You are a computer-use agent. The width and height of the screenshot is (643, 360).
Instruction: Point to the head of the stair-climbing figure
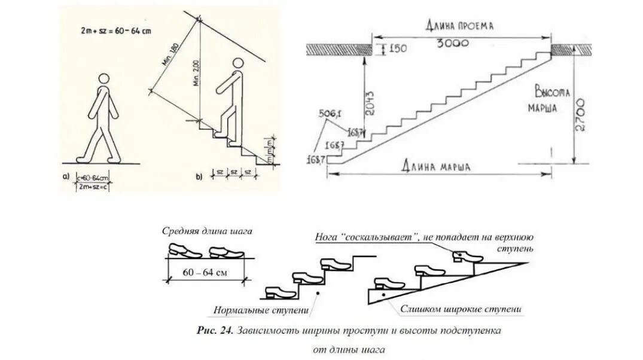[x=238, y=65]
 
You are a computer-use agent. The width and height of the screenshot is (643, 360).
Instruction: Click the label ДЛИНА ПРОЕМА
[x=461, y=26]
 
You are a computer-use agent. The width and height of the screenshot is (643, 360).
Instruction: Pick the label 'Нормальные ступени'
[x=261, y=310]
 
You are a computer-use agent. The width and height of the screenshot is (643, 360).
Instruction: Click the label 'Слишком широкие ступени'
[x=462, y=309]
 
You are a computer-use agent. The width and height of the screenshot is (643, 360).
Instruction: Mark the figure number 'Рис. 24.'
[x=215, y=331]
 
